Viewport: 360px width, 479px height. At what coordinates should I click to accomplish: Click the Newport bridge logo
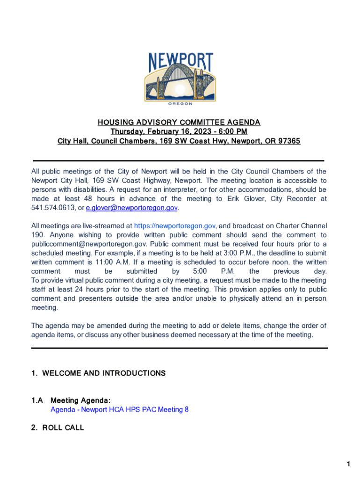click(180, 77)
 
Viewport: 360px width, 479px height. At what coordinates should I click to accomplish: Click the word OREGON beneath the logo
click(180, 104)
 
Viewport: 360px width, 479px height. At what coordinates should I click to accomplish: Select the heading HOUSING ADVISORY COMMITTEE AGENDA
click(179, 123)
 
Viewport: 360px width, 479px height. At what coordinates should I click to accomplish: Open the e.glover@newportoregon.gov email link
click(132, 208)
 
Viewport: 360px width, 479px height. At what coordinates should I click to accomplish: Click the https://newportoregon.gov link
click(175, 226)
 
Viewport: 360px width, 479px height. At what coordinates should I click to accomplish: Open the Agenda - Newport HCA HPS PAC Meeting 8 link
click(120, 409)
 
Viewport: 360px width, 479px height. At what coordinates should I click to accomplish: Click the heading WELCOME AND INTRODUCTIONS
click(104, 373)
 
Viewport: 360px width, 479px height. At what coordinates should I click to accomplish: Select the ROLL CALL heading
click(63, 428)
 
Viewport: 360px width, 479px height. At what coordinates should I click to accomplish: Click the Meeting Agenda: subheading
click(80, 400)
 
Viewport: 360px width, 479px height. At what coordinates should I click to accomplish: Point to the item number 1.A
click(37, 400)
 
